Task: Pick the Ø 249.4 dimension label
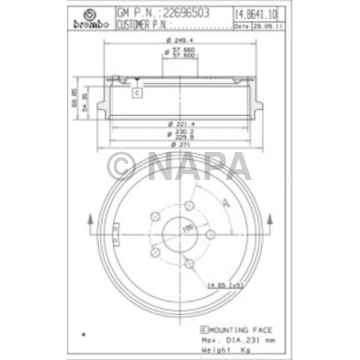(x=179, y=40)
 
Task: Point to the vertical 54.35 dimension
(x=87, y=102)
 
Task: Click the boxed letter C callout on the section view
(x=137, y=93)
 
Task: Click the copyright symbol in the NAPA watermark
(x=121, y=166)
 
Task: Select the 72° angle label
(x=225, y=202)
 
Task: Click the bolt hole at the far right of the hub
(x=209, y=235)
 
